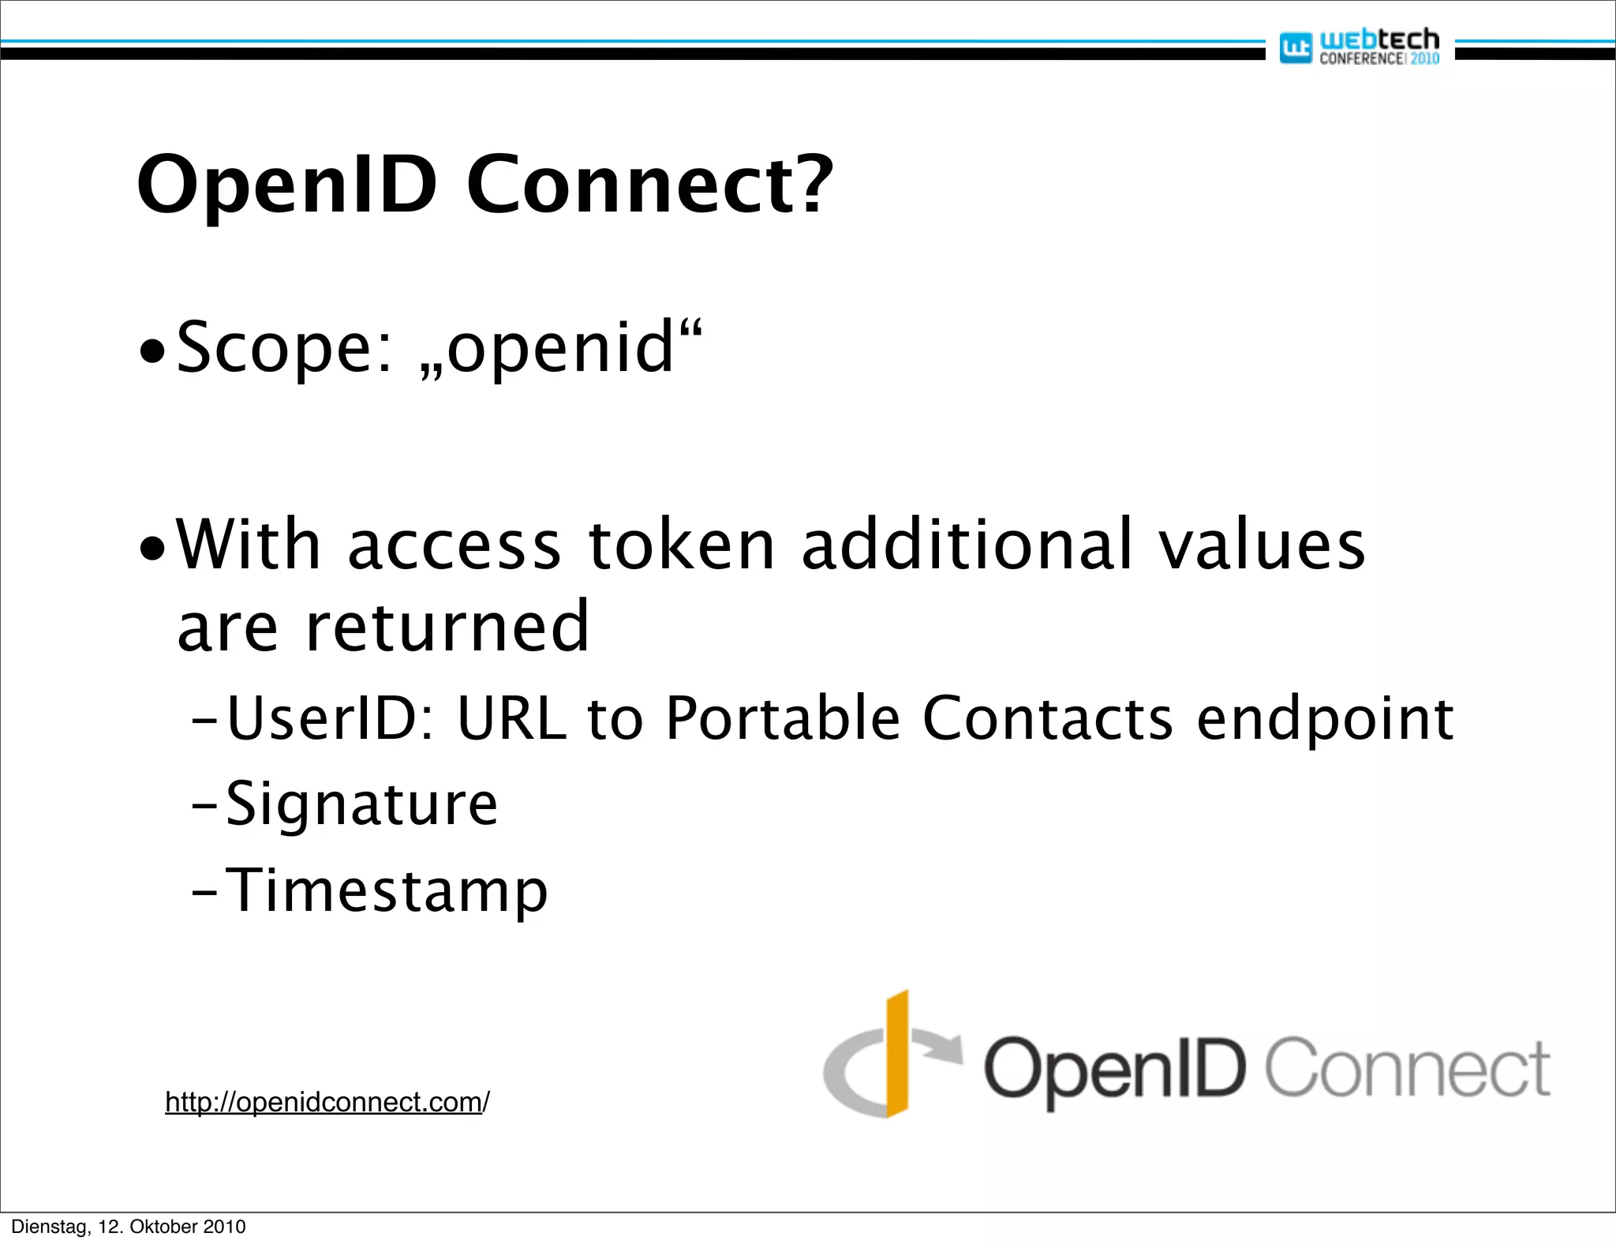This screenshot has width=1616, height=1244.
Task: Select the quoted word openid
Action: pos(561,347)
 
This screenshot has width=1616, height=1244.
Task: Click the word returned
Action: pos(447,628)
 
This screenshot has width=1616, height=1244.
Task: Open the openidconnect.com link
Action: pos(327,1102)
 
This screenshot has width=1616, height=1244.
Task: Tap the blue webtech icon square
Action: pos(1295,48)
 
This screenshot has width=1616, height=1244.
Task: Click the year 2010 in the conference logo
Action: pos(1424,58)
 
